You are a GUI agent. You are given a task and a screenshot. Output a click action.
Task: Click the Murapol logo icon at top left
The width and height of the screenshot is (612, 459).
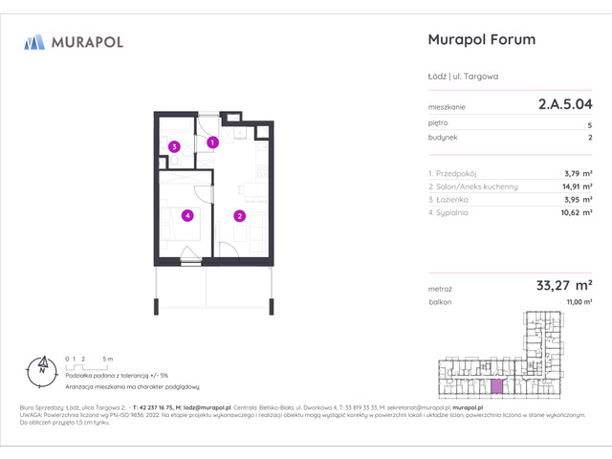coord(34,42)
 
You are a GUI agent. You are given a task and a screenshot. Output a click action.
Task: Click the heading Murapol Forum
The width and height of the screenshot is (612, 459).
coord(478,40)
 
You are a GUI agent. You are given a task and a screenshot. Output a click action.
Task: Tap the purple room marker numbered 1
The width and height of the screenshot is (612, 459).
coord(213,142)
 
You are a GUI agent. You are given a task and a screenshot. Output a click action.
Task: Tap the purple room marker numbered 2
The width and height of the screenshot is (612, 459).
coord(239,215)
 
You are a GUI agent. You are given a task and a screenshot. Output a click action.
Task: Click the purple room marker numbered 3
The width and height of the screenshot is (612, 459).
coord(174,146)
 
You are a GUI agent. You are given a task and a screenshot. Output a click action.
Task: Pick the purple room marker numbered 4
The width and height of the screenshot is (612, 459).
coord(188,215)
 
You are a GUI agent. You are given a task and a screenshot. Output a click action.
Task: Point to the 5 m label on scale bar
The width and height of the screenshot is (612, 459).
coord(109,358)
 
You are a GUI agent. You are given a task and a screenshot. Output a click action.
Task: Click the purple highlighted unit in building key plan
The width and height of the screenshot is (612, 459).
coord(495,385)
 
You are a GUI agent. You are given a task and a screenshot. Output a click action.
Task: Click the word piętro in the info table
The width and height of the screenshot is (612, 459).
coord(438,124)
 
